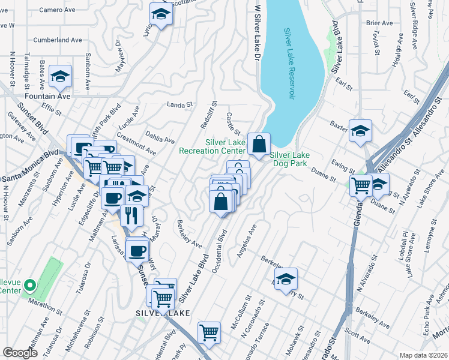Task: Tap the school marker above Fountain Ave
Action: pos(60,76)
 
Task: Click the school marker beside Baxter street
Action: pos(360,131)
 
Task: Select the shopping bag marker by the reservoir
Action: pos(259,145)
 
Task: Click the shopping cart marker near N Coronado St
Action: pos(209,332)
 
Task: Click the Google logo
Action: pos(20,353)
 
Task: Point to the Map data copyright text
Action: pos(423,355)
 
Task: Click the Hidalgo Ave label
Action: pos(398,54)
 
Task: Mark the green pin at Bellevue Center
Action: pos(31,284)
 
